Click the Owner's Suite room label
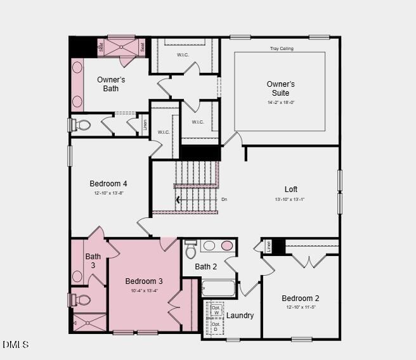point(280,88)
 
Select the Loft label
point(290,189)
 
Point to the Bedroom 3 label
point(144,281)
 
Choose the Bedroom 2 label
point(300,298)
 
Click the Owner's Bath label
point(111,84)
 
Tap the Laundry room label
point(240,315)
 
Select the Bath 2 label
point(205,266)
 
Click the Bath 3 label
point(93,260)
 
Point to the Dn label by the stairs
point(224,199)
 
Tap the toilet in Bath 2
point(190,250)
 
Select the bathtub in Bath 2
point(218,288)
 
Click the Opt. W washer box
point(216,309)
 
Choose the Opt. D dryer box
point(216,327)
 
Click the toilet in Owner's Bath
point(82,125)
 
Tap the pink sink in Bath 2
point(226,246)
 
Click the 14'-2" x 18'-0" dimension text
point(280,102)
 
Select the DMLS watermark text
point(16,344)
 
